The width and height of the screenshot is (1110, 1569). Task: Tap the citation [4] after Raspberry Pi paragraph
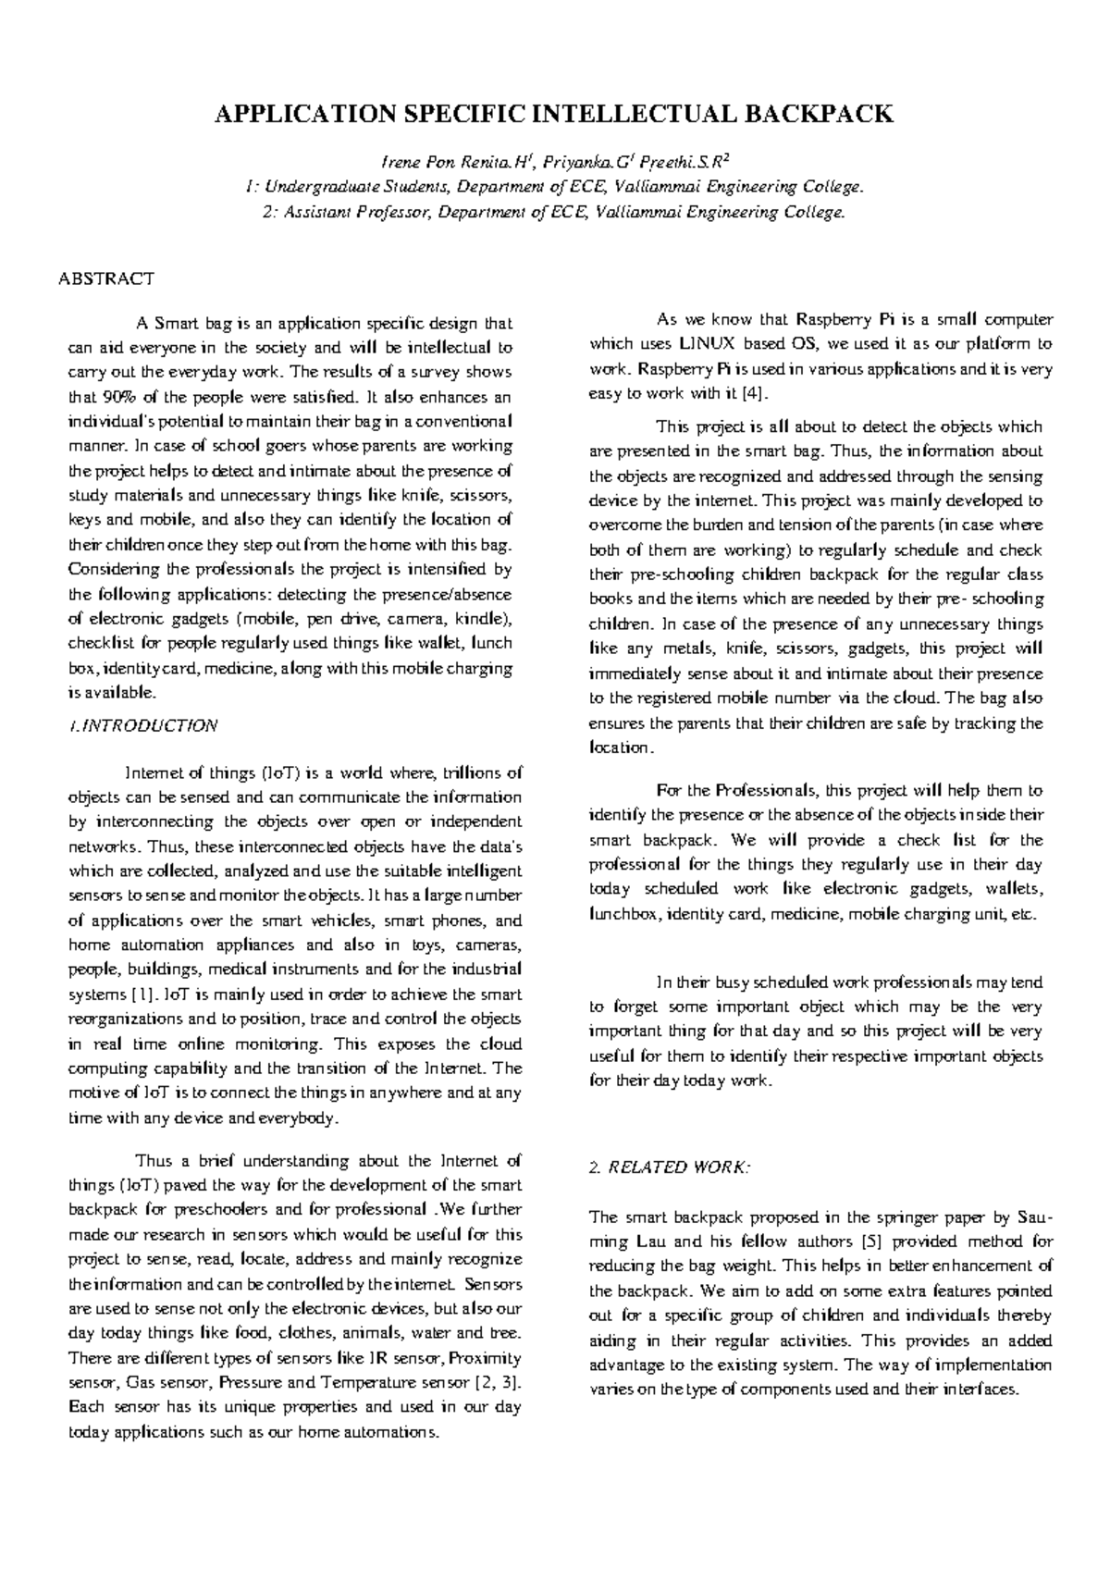coord(756,393)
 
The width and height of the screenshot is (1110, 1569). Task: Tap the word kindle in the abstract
coord(484,619)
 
